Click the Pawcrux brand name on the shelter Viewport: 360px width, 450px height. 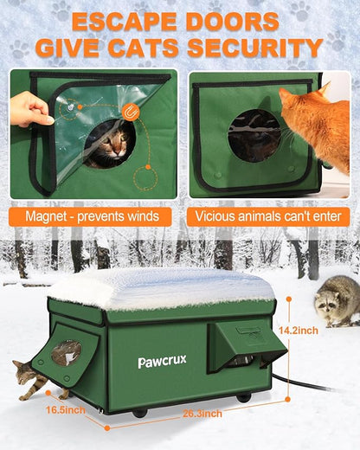pos(162,362)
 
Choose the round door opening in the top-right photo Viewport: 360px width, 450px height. pos(254,135)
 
